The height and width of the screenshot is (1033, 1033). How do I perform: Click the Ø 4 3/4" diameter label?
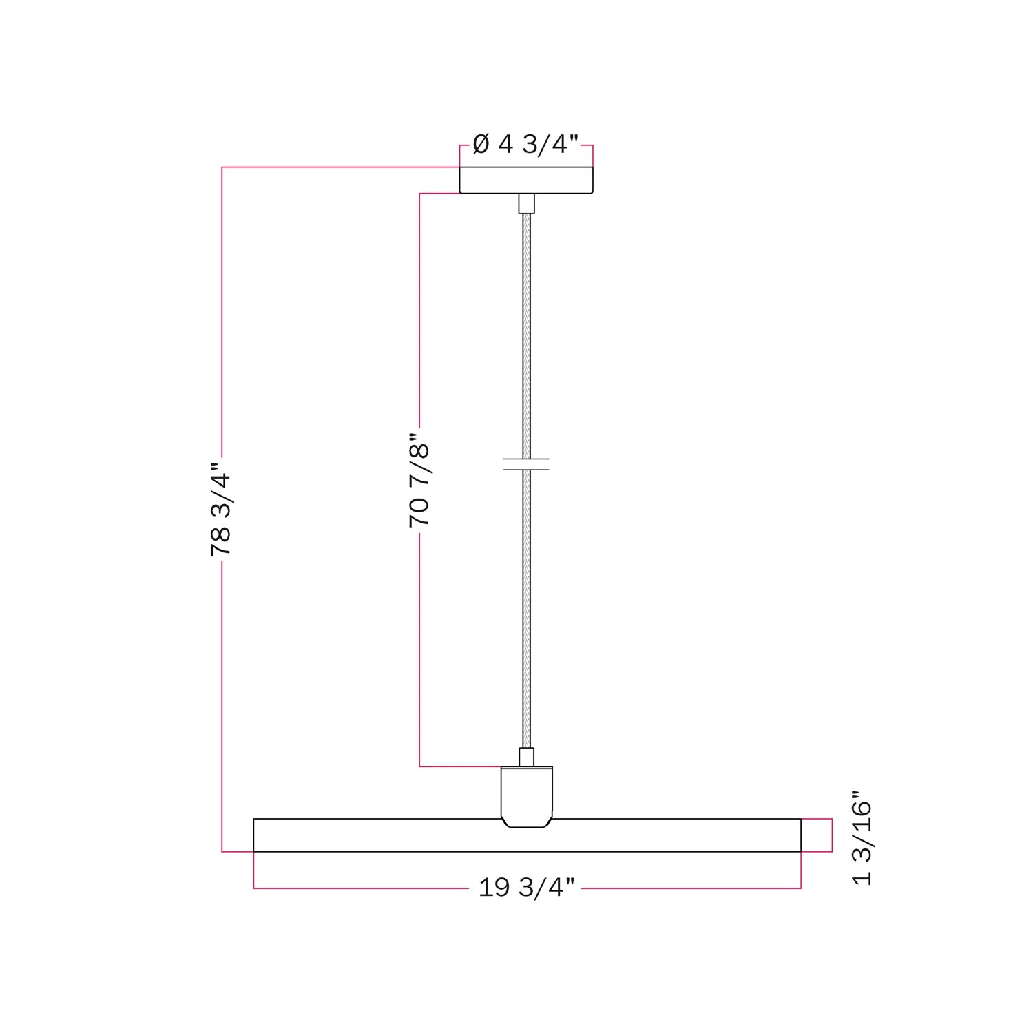(525, 145)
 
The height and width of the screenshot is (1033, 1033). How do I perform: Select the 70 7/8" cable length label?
(419, 481)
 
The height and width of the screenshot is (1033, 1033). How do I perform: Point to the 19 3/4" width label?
(526, 888)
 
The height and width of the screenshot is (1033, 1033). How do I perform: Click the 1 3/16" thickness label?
(862, 843)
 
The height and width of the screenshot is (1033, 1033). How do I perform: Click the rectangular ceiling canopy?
(526, 180)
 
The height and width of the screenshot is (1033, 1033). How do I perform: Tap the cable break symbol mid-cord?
(526, 464)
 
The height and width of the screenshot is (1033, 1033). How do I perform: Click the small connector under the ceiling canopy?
(526, 203)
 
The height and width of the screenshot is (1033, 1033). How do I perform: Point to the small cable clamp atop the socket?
(526, 757)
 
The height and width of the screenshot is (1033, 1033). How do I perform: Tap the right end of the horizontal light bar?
(797, 835)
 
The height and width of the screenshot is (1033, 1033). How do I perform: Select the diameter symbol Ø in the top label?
(481, 145)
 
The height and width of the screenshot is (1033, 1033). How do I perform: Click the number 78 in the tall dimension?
(221, 542)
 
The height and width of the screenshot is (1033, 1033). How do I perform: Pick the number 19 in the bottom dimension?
(494, 888)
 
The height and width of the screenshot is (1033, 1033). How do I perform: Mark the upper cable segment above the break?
(526, 331)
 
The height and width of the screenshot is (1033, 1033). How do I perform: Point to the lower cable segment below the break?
(526, 606)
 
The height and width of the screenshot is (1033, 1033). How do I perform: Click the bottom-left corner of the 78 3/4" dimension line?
(222, 852)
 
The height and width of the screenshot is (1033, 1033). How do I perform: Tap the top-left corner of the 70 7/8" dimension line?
(420, 194)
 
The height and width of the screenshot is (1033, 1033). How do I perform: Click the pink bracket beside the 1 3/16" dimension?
(831, 835)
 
